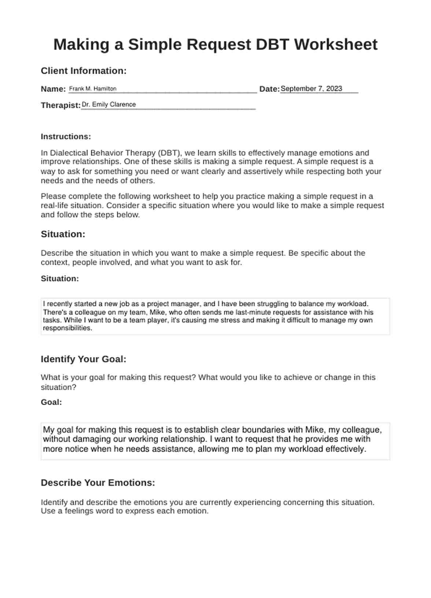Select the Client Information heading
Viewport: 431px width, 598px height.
point(84,71)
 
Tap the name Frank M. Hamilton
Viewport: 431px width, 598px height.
point(93,89)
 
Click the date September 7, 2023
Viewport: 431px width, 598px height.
point(311,89)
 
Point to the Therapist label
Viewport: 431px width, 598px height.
point(60,105)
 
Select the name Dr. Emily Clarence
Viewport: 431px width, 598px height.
point(108,105)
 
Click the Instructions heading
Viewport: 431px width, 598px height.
point(66,136)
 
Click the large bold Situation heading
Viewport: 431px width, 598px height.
point(63,234)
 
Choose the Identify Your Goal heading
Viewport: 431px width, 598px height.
point(83,359)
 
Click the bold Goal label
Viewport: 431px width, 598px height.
point(51,402)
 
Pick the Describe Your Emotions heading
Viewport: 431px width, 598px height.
point(98,483)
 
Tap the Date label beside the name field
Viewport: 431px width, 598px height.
point(269,89)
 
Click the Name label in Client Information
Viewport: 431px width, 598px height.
point(53,89)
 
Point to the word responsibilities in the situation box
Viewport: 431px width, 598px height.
point(67,328)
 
